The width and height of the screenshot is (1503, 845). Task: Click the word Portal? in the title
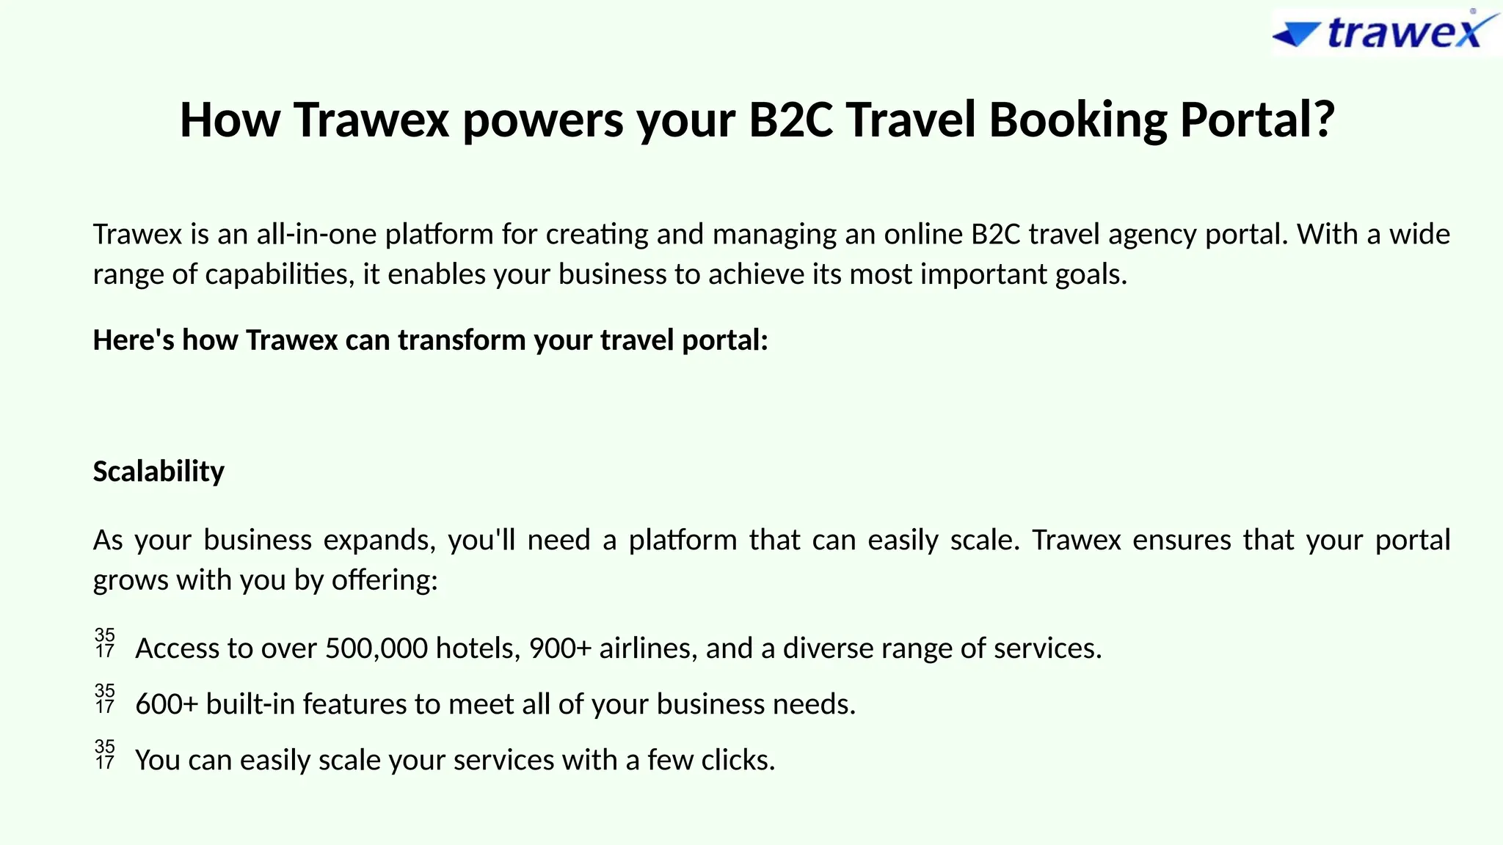pyautogui.click(x=1256, y=120)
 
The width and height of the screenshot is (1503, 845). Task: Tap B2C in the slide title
pyautogui.click(x=790, y=120)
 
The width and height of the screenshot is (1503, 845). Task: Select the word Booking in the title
pyautogui.click(x=1077, y=120)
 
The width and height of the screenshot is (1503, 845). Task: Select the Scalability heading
pyautogui.click(x=159, y=472)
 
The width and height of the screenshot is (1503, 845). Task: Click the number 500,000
pyautogui.click(x=376, y=649)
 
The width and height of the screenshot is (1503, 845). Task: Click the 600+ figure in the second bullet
pyautogui.click(x=167, y=705)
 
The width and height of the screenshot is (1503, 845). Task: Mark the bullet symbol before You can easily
pyautogui.click(x=105, y=755)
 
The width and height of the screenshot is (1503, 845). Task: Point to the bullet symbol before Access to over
pyautogui.click(x=105, y=643)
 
